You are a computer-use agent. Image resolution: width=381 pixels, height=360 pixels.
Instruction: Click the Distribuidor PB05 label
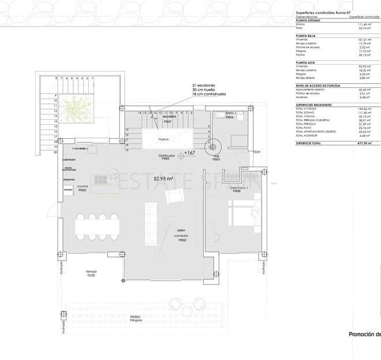(x=167, y=157)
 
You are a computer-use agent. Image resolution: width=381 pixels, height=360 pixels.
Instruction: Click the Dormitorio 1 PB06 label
(x=239, y=189)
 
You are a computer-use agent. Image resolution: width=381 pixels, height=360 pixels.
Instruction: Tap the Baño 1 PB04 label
(x=229, y=115)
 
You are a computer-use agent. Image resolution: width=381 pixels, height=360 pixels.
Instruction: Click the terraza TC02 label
(x=91, y=273)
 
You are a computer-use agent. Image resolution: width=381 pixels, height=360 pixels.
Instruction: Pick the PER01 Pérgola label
(x=136, y=319)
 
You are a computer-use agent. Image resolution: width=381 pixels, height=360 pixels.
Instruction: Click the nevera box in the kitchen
(x=69, y=189)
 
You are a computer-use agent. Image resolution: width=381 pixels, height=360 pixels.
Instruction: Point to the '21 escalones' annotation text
(x=205, y=85)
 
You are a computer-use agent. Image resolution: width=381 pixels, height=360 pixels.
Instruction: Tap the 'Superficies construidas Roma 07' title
(x=323, y=13)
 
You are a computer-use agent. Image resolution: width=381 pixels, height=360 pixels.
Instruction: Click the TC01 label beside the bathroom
(x=257, y=152)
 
